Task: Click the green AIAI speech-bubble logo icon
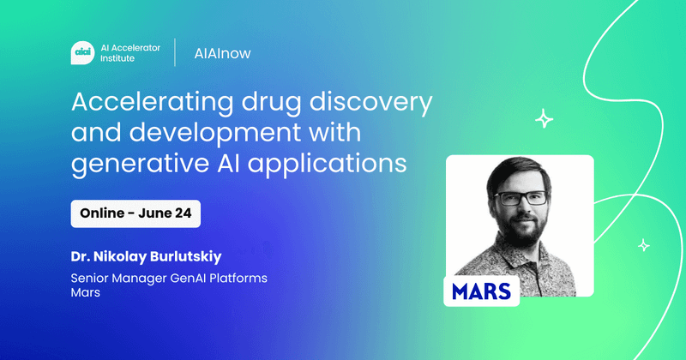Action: tap(83, 52)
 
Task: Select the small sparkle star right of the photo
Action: tap(644, 246)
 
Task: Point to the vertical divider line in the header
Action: tap(176, 52)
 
